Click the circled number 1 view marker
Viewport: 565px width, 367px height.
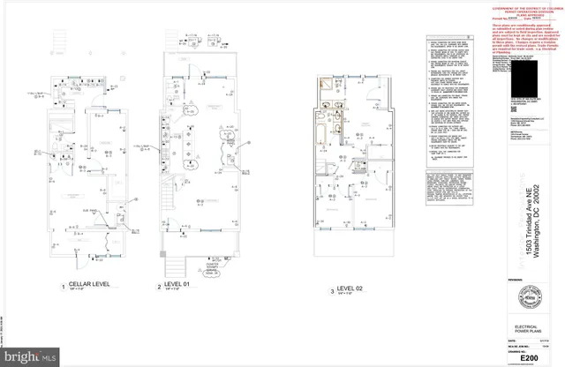(63, 286)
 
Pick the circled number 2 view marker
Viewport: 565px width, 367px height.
(159, 286)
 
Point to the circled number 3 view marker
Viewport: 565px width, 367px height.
(332, 289)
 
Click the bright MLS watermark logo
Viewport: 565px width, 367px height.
(31, 356)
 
